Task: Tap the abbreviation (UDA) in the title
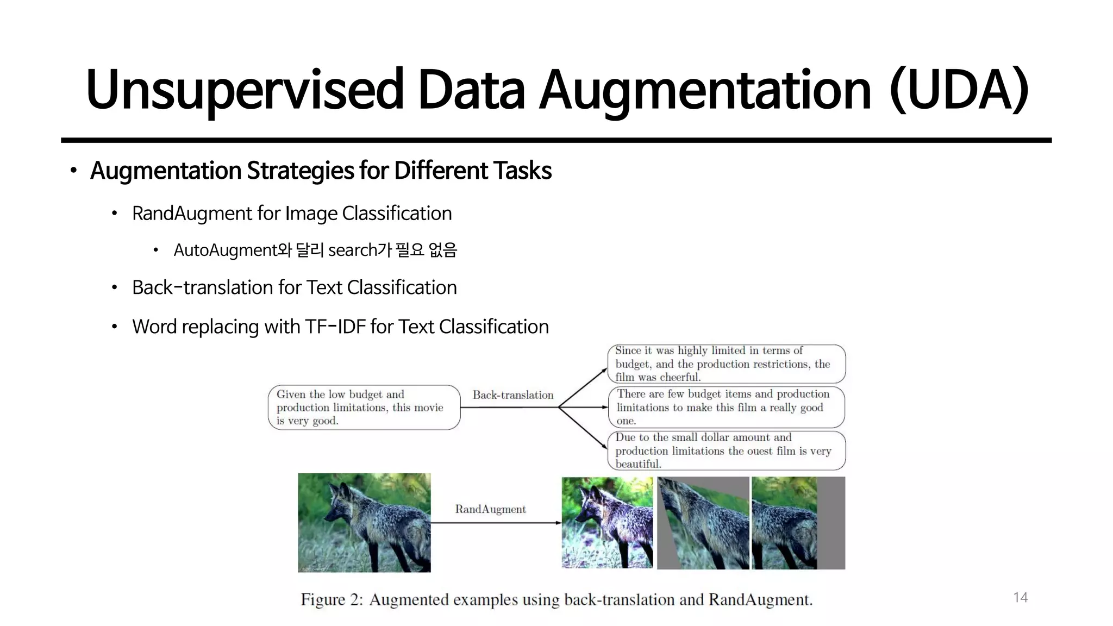tap(959, 90)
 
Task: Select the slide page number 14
tap(1020, 598)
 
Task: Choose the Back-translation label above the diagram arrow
tap(513, 395)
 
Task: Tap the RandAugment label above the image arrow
tap(490, 509)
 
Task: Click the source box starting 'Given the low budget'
tap(364, 408)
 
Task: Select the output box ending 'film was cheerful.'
tap(726, 364)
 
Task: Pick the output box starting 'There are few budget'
tap(726, 407)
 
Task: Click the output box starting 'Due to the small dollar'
tap(726, 450)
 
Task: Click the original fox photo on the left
tap(364, 522)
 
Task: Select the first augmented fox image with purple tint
tap(607, 523)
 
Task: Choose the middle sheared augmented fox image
tap(703, 523)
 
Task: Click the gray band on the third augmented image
tap(831, 523)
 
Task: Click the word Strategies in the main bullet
tap(301, 171)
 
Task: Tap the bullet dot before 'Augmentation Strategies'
tap(73, 171)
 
